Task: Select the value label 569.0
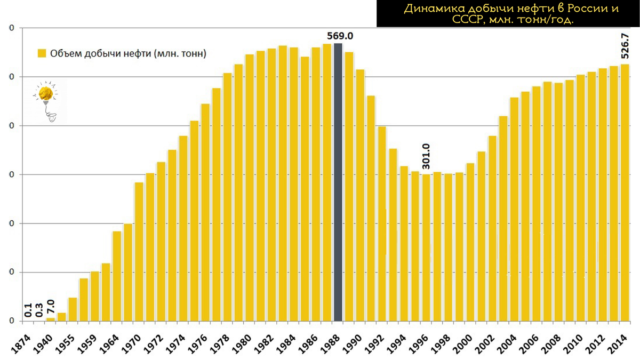(x=340, y=36)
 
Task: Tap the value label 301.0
(x=426, y=156)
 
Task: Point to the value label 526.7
(x=626, y=46)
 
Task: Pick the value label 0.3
(x=39, y=310)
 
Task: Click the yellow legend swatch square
(x=41, y=53)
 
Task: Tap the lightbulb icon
(x=49, y=101)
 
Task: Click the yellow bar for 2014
(x=625, y=192)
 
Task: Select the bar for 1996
(x=426, y=247)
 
